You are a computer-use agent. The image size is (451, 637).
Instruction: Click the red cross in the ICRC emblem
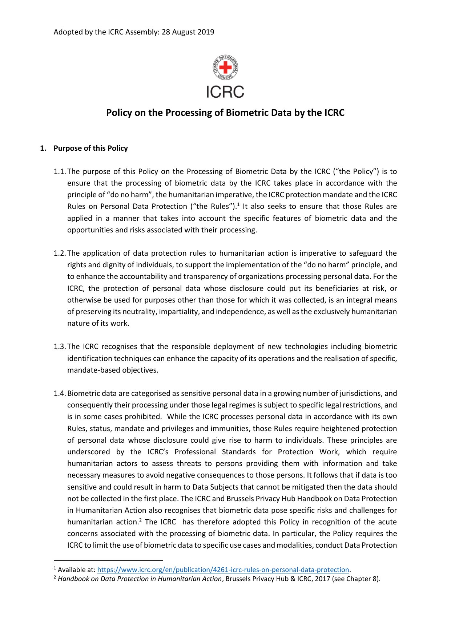[225, 67]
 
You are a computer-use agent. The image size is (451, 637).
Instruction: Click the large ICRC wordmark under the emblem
[225, 92]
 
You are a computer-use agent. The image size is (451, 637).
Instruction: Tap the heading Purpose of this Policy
[90, 148]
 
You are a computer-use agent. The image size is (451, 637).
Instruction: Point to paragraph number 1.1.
[60, 171]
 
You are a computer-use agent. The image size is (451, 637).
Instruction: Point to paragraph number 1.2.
[60, 253]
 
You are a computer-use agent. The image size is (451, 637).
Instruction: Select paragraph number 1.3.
[60, 346]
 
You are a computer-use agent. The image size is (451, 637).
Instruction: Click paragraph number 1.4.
[60, 393]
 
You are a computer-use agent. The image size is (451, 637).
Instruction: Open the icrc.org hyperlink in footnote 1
[223, 570]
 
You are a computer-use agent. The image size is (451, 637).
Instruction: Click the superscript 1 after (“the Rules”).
[238, 204]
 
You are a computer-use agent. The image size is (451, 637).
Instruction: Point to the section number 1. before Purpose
[43, 148]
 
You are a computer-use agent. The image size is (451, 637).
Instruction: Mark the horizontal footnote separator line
[108, 560]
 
